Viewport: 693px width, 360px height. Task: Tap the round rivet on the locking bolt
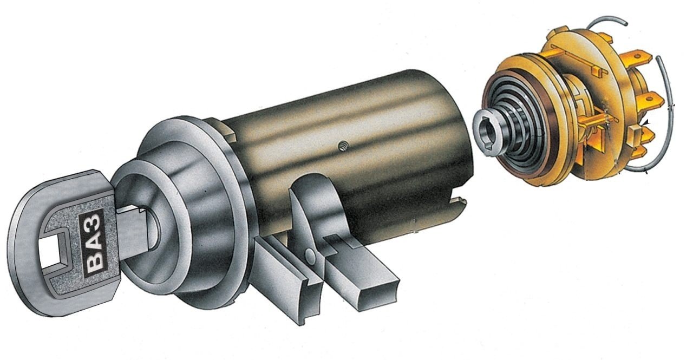310,254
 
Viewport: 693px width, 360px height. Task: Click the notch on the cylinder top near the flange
227,130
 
